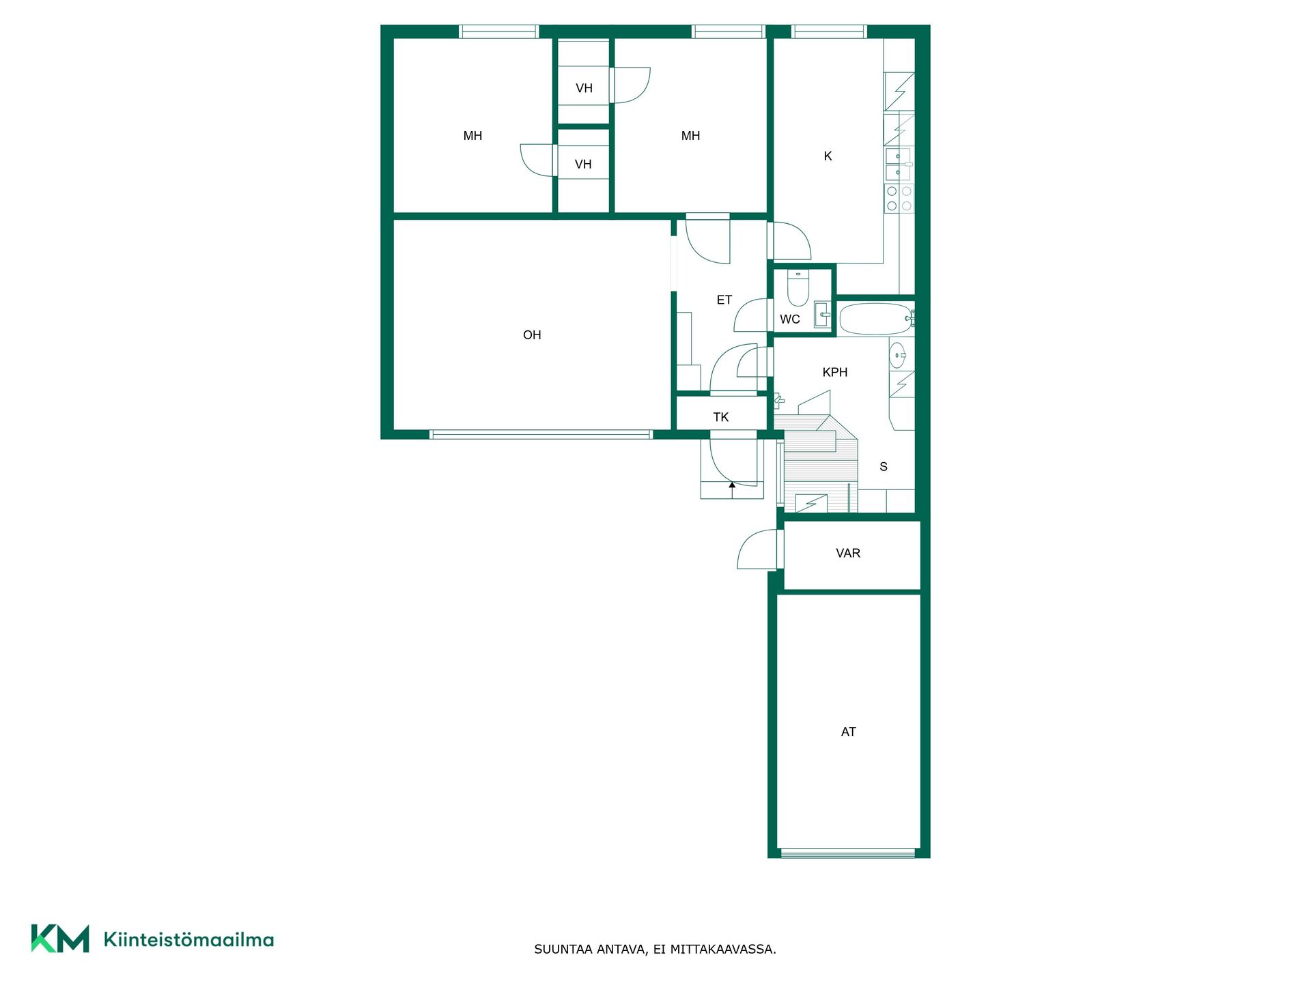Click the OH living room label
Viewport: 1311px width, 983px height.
pyautogui.click(x=532, y=335)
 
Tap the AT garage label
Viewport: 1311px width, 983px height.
pyautogui.click(x=848, y=732)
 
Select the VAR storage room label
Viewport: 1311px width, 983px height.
pyautogui.click(x=848, y=553)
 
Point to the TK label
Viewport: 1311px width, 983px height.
pyautogui.click(x=721, y=417)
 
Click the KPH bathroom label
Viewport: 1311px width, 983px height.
pyautogui.click(x=835, y=372)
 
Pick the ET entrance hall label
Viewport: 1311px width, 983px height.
pyautogui.click(x=724, y=300)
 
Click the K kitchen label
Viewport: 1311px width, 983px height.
pyautogui.click(x=828, y=156)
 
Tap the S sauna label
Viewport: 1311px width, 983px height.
pyautogui.click(x=884, y=467)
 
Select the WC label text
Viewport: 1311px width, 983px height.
pyautogui.click(x=790, y=319)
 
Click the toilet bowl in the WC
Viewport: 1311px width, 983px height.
pyautogui.click(x=798, y=288)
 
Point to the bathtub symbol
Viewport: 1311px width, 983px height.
pyautogui.click(x=876, y=319)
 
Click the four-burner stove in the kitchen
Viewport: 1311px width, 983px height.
pyautogui.click(x=899, y=198)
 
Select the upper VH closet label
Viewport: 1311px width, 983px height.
pyautogui.click(x=584, y=88)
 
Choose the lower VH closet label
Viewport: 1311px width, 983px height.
pyautogui.click(x=583, y=165)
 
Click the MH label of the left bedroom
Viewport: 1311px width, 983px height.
pyautogui.click(x=473, y=136)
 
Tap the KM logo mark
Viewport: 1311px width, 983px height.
pyautogui.click(x=60, y=939)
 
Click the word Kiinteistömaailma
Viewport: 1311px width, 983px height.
pyautogui.click(x=188, y=940)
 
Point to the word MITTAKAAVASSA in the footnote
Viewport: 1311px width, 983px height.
pyautogui.click(x=723, y=949)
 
